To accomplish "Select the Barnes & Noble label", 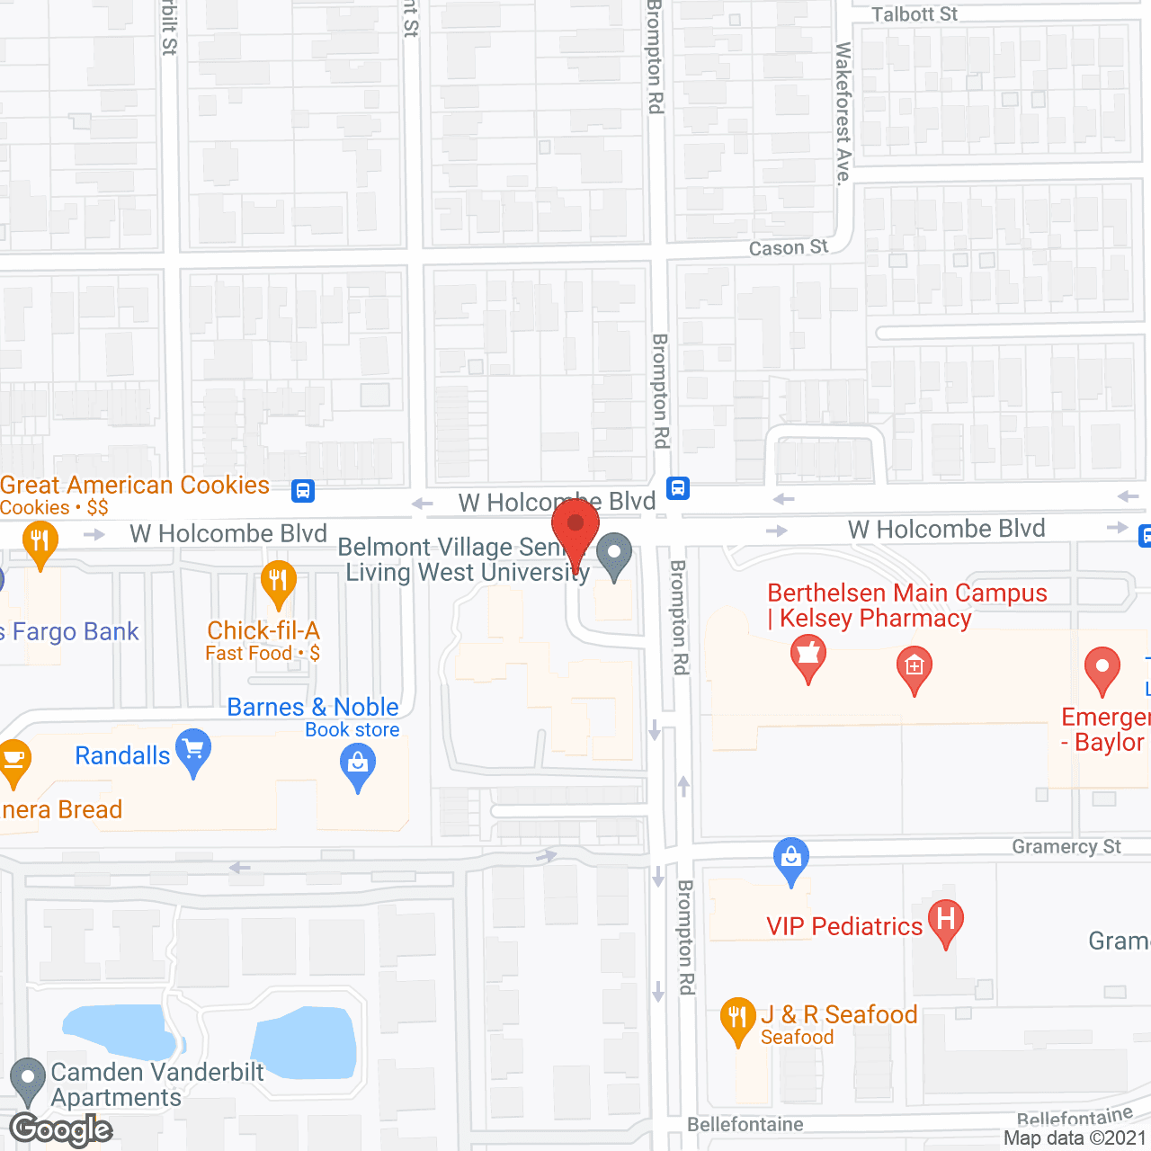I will click(312, 708).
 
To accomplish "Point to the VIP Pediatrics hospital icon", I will click(945, 921).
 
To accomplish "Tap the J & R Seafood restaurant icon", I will click(737, 1018).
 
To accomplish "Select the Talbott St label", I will click(915, 14).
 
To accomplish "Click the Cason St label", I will click(788, 247).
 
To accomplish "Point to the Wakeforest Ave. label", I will click(843, 112).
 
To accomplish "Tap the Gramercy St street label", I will click(1066, 846).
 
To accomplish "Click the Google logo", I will click(61, 1129).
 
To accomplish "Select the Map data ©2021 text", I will click(1075, 1138).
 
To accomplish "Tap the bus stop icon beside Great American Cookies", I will click(303, 491).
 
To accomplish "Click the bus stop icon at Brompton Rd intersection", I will click(678, 488).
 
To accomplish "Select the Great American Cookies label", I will click(135, 486).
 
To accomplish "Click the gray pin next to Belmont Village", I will click(614, 554).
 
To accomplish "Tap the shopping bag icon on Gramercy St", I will click(790, 858).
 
